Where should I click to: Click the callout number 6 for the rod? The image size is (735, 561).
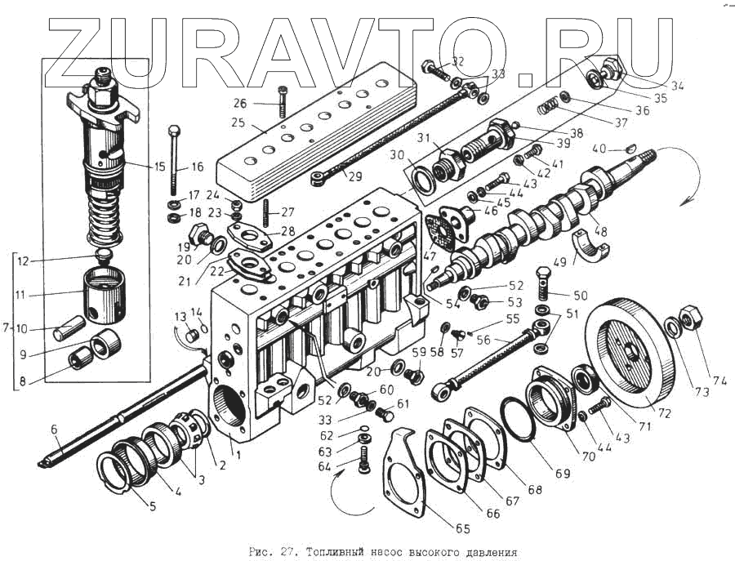[x=54, y=430]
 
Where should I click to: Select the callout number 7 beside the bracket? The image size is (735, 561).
[x=6, y=328]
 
